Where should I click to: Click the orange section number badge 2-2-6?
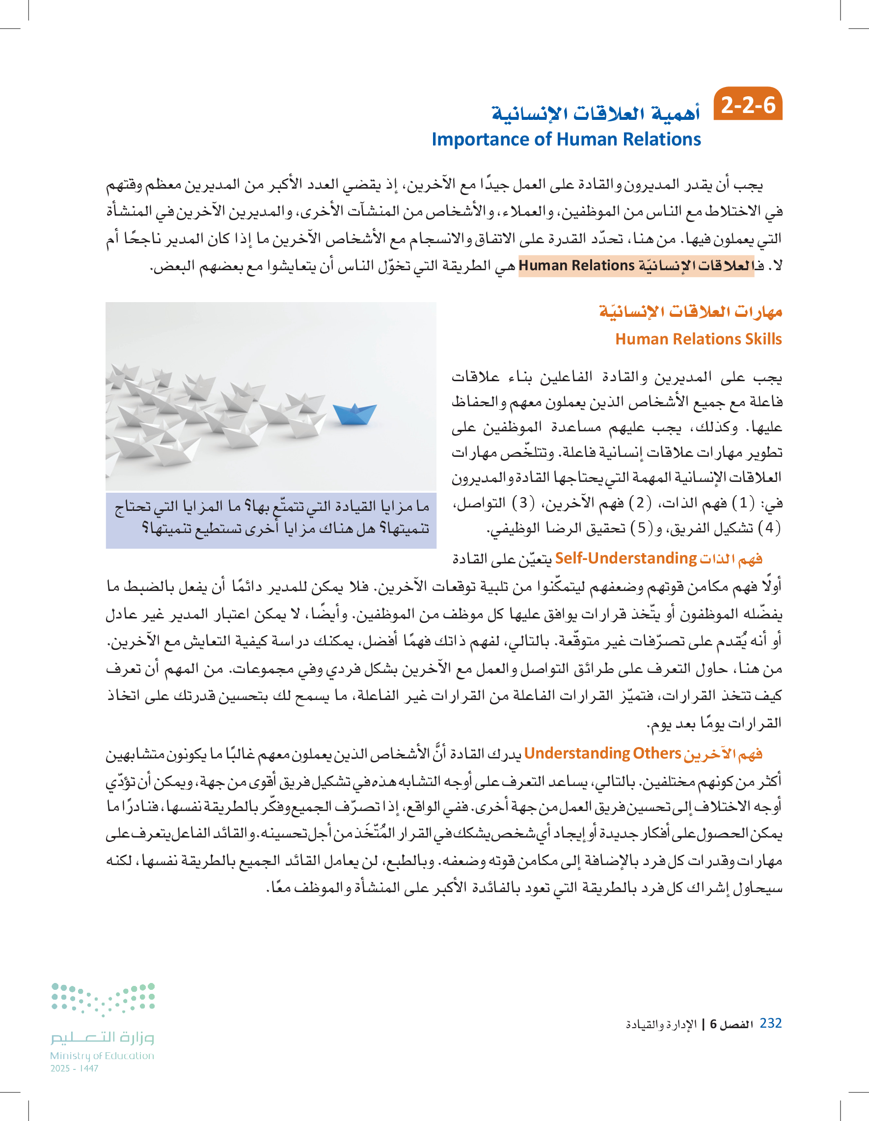coord(747,105)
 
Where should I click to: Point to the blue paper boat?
coord(354,413)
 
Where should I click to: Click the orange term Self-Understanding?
coord(625,558)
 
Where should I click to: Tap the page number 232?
coord(770,1023)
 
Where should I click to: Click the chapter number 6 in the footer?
coord(713,1025)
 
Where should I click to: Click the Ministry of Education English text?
coord(102,1056)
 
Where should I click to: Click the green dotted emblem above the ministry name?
coord(103,999)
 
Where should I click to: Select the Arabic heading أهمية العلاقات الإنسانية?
coord(595,112)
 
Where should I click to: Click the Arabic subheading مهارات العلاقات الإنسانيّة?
coord(690,311)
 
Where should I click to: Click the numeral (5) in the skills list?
coord(641,528)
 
